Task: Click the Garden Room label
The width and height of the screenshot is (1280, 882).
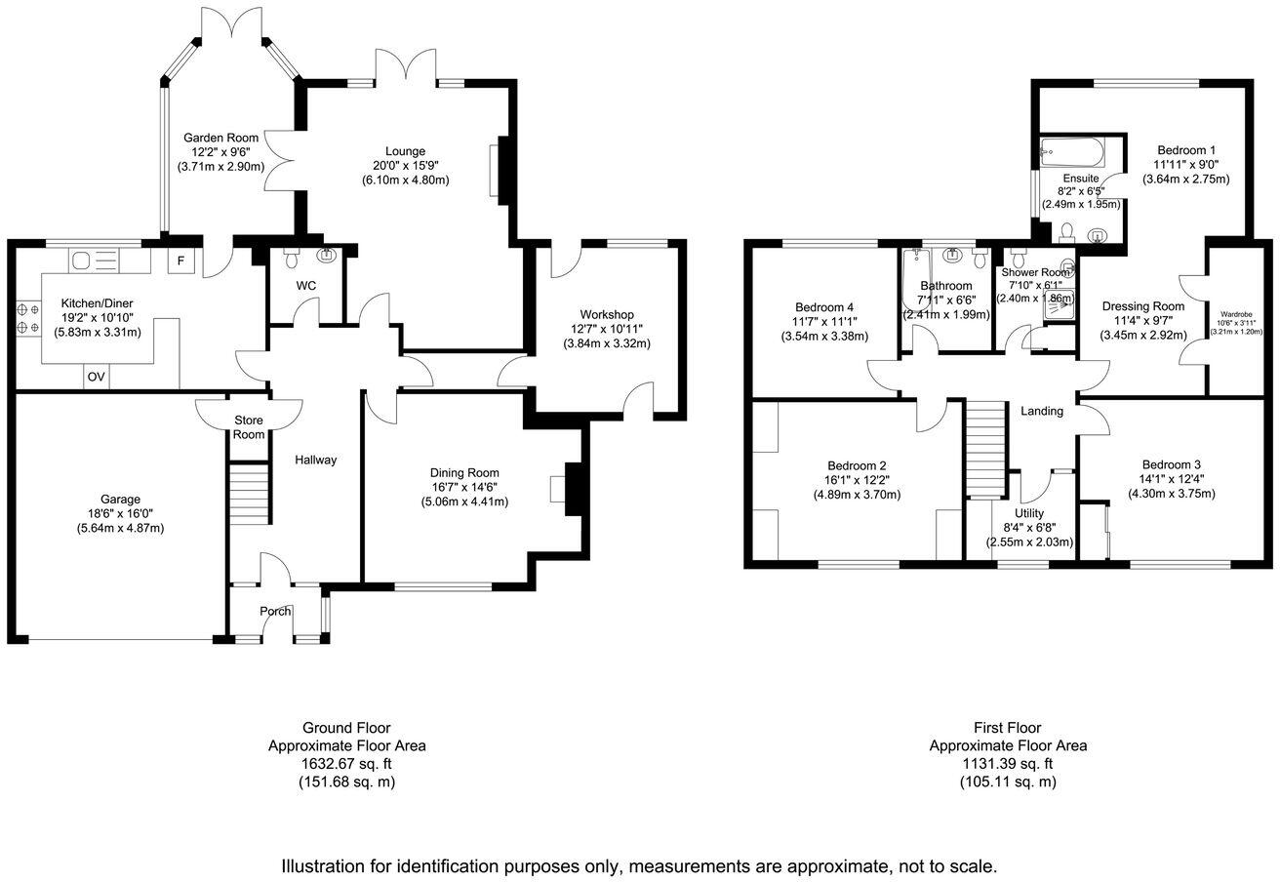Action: tap(222, 138)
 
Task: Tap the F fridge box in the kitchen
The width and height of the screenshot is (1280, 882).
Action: tap(180, 261)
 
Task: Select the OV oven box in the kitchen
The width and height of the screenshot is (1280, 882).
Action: tap(96, 377)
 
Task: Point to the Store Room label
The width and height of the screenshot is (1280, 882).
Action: tap(249, 427)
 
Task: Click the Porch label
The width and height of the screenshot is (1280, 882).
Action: tap(275, 612)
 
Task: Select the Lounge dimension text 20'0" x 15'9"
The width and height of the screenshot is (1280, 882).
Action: tap(405, 166)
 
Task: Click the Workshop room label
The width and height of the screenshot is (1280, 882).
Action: tap(607, 314)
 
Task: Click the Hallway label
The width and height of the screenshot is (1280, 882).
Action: tap(316, 460)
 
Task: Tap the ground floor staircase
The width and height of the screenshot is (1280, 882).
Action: tap(251, 494)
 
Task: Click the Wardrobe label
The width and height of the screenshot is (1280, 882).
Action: tap(1236, 314)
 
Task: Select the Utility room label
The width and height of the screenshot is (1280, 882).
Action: tap(1029, 513)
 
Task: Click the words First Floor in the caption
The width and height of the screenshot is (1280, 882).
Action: tap(1007, 728)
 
